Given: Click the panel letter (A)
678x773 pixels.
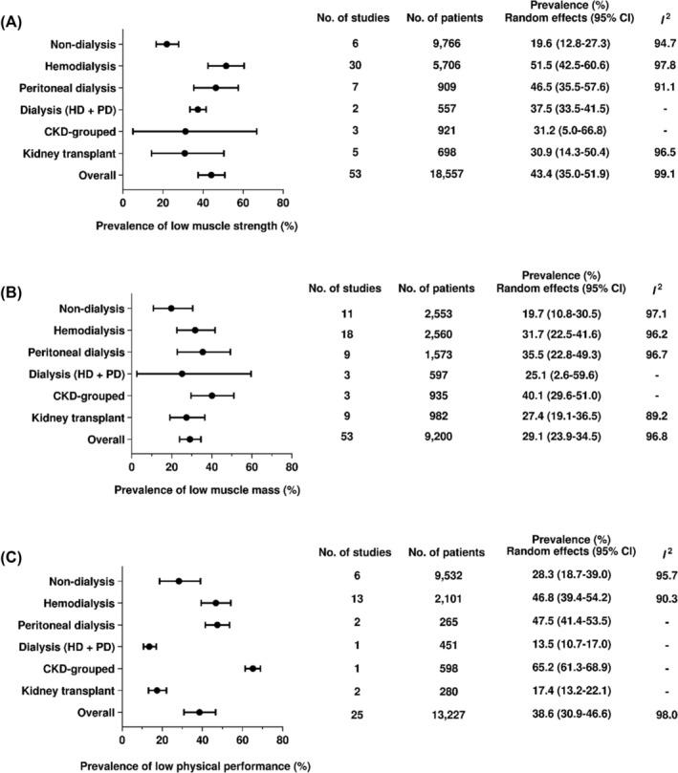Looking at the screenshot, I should (x=15, y=15).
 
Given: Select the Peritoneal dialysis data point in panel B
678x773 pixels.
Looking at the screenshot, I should (x=203, y=352).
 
